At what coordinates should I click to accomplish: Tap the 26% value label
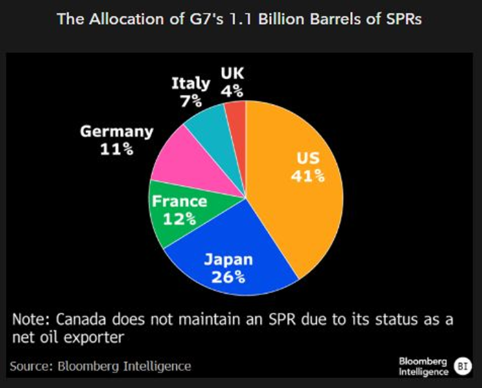coord(228,278)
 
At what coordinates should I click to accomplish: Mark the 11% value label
coord(117,149)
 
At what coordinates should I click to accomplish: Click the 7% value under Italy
coord(190,101)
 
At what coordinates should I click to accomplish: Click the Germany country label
coord(117,132)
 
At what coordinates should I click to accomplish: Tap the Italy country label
coord(190,84)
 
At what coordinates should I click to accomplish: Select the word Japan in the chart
coord(228,261)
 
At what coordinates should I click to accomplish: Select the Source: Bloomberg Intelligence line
coord(101,366)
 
